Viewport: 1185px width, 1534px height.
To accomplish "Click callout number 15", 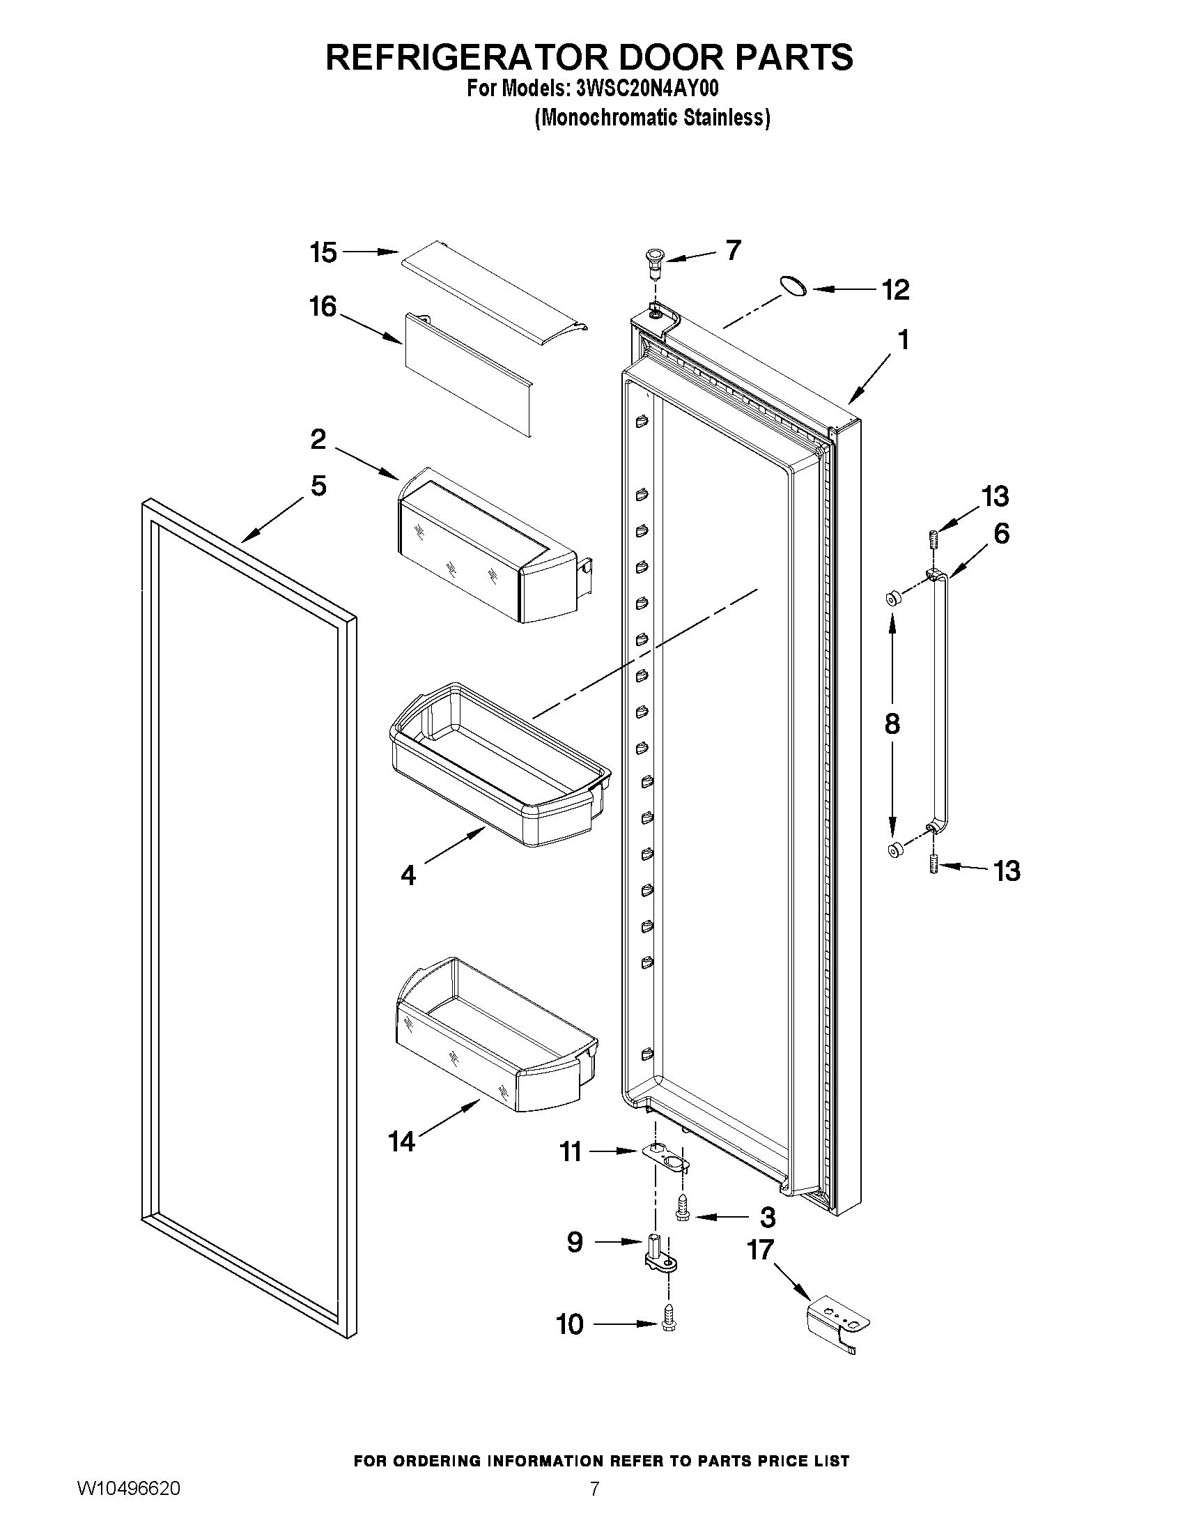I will click(x=324, y=253).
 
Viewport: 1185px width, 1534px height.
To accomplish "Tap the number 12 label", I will click(x=895, y=289).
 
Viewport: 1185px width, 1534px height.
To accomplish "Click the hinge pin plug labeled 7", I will click(x=654, y=263).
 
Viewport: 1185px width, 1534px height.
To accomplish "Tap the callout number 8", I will click(x=892, y=723).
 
